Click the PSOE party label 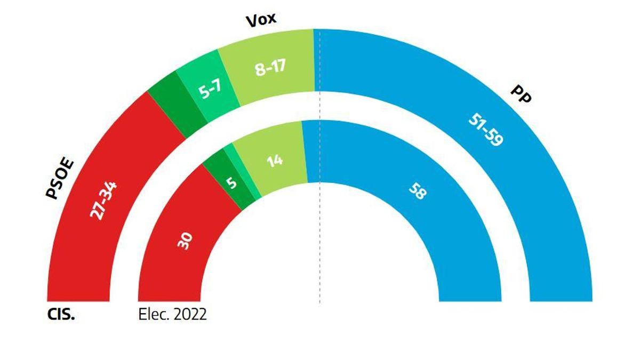coord(60,179)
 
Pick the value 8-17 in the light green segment coord(270,68)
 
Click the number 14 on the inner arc coord(274,160)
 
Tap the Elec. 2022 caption coord(172,314)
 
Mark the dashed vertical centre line coord(319,240)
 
